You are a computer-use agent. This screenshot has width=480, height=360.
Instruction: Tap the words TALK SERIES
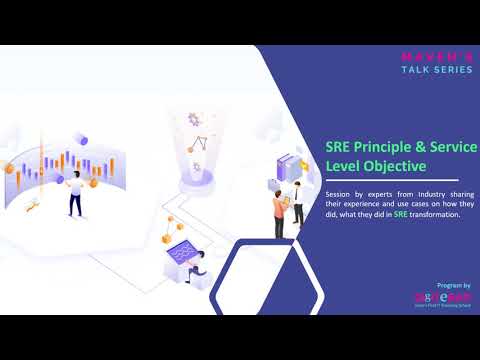(x=431, y=71)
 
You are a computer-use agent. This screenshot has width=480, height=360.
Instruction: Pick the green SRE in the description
(x=400, y=213)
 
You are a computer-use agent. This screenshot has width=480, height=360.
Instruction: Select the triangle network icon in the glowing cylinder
(x=198, y=141)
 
